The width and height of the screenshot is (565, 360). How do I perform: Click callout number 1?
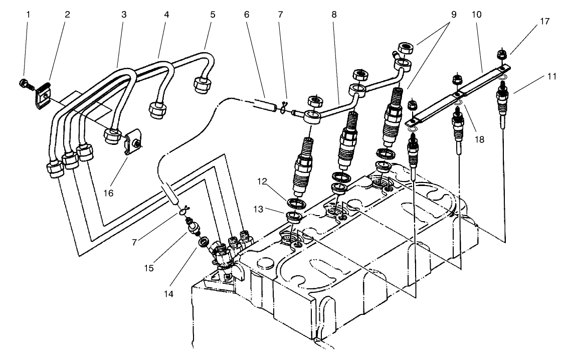[x=28, y=14]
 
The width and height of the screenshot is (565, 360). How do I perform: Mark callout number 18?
[x=480, y=140]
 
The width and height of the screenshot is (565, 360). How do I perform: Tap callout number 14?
[x=170, y=294]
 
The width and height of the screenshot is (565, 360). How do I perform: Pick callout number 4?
[x=166, y=14]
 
